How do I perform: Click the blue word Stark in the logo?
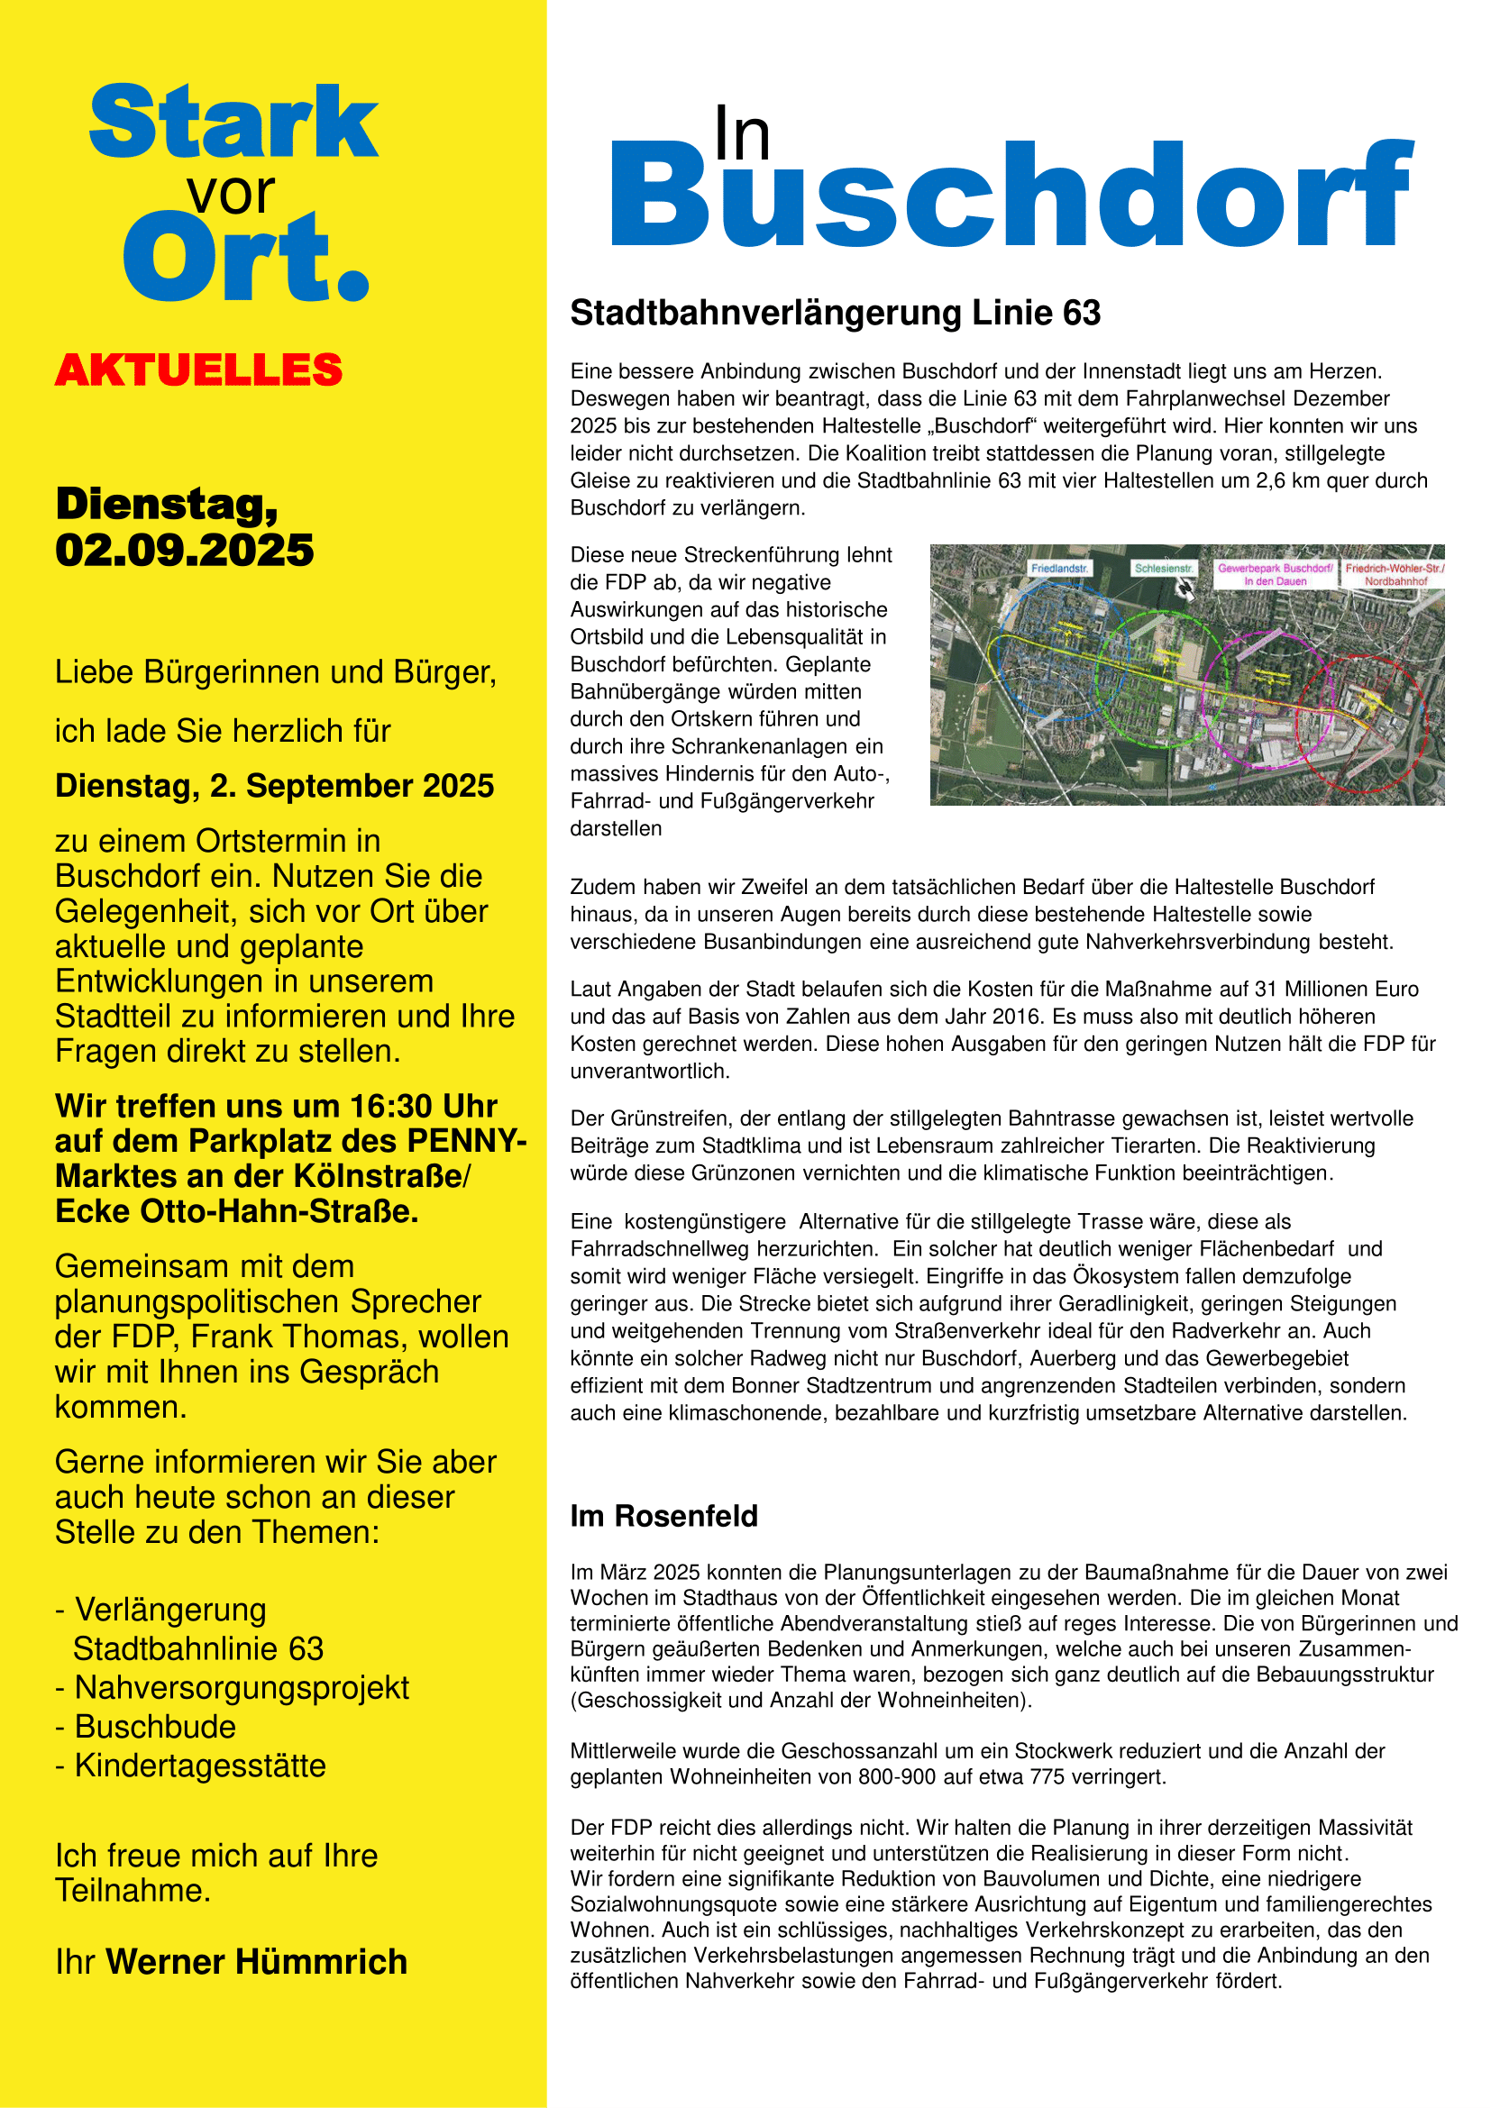coord(233,122)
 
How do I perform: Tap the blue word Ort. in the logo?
coord(246,258)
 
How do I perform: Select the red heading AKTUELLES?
coord(198,370)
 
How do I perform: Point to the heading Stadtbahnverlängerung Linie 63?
coord(835,313)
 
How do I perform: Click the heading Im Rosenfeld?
coord(663,1516)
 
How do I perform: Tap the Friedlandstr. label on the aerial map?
coord(1059,570)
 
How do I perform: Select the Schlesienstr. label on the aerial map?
coord(1163,570)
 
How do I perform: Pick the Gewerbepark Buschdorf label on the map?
coord(1276,574)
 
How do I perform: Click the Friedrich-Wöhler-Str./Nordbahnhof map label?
coord(1395,574)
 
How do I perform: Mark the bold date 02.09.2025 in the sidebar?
coord(185,551)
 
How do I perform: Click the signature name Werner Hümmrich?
coord(257,1962)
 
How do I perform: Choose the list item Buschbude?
coord(155,1727)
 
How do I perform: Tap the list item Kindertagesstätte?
coord(200,1766)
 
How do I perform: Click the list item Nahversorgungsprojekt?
coord(242,1687)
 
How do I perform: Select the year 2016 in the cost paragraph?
coord(1200,1017)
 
